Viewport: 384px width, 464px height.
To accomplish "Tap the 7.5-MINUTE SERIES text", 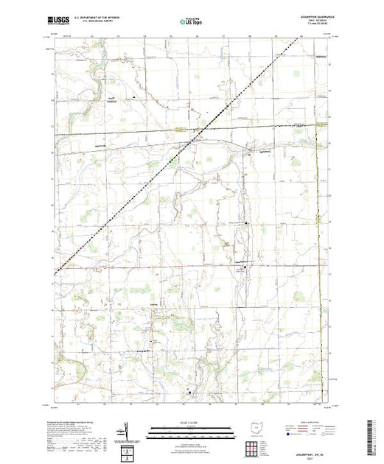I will (312, 28).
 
